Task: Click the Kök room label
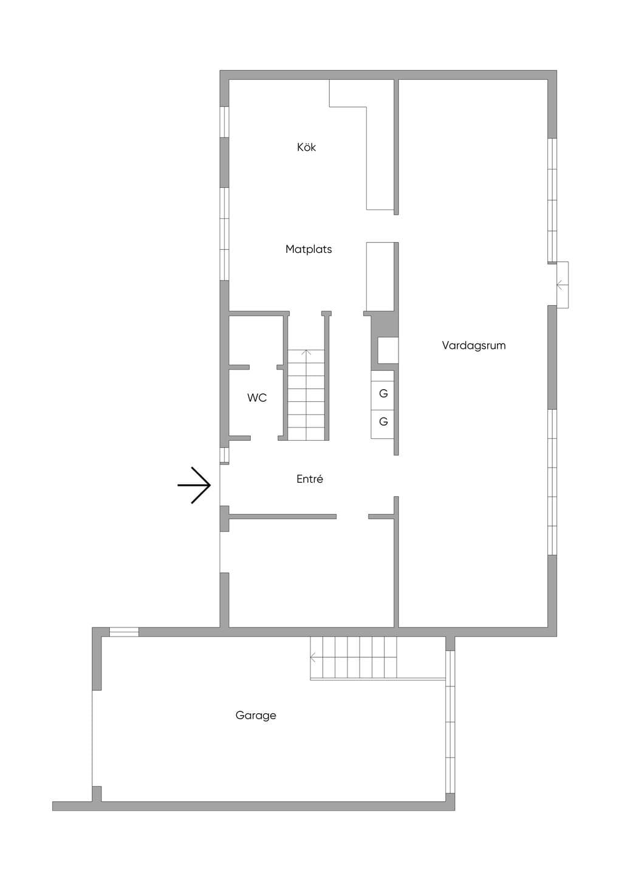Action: point(307,147)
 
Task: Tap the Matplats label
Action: point(309,249)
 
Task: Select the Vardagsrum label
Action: point(473,345)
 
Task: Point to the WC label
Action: point(257,398)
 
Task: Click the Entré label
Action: point(310,479)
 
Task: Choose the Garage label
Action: point(256,715)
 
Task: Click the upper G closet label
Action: point(383,393)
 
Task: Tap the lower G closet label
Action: point(383,421)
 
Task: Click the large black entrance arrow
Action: point(194,485)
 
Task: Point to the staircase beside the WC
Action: point(307,395)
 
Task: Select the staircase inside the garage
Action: point(354,658)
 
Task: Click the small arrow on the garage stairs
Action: point(313,657)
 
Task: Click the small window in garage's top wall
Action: point(124,632)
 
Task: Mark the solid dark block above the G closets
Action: point(385,325)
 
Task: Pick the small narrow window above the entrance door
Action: point(224,455)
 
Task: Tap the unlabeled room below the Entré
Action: point(311,573)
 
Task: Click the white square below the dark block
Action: point(388,350)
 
